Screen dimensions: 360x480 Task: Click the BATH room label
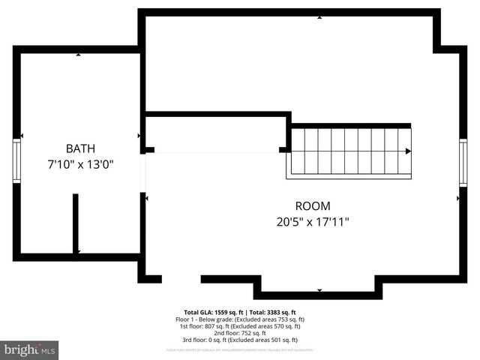(x=79, y=148)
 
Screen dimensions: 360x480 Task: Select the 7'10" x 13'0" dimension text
(x=79, y=163)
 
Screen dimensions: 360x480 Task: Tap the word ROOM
(x=312, y=205)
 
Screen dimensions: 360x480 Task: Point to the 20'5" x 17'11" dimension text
(x=312, y=221)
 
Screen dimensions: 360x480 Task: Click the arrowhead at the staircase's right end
(x=408, y=151)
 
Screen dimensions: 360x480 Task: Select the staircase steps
(x=349, y=152)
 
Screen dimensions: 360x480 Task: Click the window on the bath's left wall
(x=16, y=160)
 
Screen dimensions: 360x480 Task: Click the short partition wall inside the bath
(x=76, y=223)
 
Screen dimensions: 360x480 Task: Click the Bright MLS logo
(x=29, y=349)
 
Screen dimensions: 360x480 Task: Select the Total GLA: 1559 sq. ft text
(x=211, y=312)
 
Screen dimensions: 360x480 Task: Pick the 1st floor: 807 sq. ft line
(x=240, y=325)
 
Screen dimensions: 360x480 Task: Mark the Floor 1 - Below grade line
(x=240, y=319)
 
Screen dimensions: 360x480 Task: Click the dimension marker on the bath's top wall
(x=79, y=55)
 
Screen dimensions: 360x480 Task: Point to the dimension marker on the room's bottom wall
(x=319, y=290)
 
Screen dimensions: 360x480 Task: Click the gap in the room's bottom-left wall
(x=181, y=279)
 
